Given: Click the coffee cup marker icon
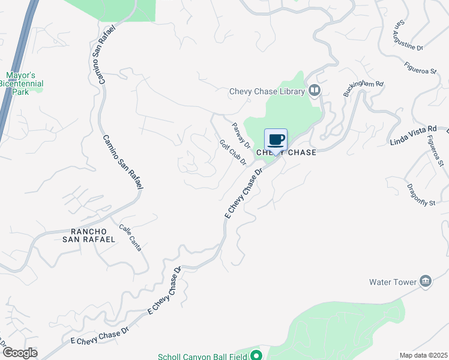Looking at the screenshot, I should point(276,140).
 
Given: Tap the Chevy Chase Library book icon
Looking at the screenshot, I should point(315,91).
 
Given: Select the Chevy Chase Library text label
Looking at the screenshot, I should point(267,92).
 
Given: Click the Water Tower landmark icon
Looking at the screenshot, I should point(426,281).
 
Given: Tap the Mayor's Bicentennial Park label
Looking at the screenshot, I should point(21,85).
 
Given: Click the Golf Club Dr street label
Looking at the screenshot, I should point(233,153).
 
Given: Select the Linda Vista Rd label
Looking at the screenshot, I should point(413,136).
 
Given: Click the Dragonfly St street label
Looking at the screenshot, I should point(420,194).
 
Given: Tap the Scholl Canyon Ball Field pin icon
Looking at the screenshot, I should point(257,355).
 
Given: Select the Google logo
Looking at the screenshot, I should point(19,352).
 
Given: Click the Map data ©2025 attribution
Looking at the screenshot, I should point(423,355).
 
